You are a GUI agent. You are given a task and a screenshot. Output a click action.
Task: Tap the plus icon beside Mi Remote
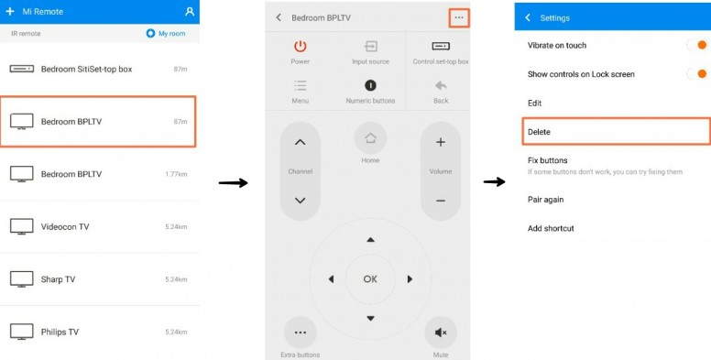click(9, 11)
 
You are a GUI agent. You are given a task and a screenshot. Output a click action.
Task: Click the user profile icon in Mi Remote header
click(190, 12)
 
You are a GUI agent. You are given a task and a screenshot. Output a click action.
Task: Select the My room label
click(172, 34)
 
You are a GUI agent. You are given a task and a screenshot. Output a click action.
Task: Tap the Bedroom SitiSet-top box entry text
click(87, 70)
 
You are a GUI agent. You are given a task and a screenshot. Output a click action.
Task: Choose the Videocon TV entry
click(65, 226)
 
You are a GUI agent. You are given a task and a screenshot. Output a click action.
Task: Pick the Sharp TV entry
click(58, 279)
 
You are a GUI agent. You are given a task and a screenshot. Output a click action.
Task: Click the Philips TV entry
click(60, 332)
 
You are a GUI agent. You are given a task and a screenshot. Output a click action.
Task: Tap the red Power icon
click(301, 46)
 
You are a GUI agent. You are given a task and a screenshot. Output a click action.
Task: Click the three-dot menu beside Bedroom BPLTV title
click(459, 17)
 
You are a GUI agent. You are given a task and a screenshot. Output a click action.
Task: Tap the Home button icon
click(370, 137)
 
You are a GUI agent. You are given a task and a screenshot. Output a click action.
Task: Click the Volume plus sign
click(441, 142)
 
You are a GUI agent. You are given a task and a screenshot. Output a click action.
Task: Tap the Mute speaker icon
click(441, 333)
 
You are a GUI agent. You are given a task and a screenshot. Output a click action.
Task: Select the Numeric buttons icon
click(370, 85)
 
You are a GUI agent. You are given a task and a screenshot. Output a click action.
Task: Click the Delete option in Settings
click(539, 132)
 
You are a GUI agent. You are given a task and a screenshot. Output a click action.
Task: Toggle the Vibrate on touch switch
click(696, 45)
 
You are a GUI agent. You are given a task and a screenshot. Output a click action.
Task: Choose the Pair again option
click(545, 200)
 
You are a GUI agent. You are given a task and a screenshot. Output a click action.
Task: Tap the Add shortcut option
click(551, 228)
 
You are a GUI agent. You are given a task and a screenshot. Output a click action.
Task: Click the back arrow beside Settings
click(528, 17)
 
